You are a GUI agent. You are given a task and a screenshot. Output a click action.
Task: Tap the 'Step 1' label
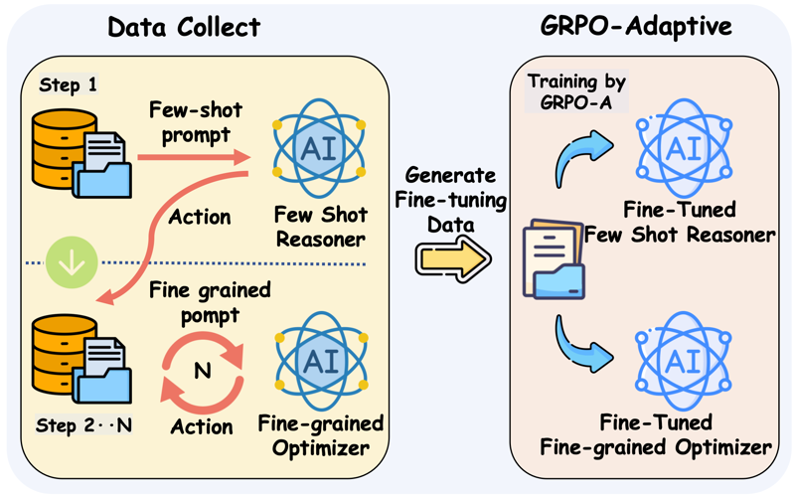pyautogui.click(x=68, y=85)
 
